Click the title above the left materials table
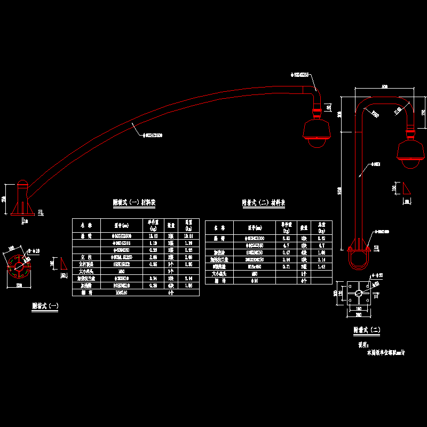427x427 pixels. pos(134,203)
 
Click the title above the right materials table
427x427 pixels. pos(264,203)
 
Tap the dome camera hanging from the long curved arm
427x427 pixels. pos(317,133)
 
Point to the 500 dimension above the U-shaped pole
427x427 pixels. pos(384,87)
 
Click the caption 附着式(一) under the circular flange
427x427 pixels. pos(45,306)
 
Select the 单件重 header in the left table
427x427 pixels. pos(152,224)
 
